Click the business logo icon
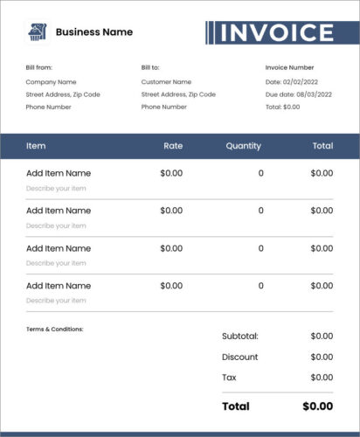38,32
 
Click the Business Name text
94,32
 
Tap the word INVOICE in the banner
276,33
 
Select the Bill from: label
40,67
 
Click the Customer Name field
168,81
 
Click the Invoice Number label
289,67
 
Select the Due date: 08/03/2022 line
299,94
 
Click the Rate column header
173,146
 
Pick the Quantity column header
243,146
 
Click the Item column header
36,146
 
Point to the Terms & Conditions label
55,329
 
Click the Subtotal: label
240,336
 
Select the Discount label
240,357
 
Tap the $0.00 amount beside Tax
322,378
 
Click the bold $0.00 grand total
317,406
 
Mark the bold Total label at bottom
236,406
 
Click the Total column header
322,146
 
